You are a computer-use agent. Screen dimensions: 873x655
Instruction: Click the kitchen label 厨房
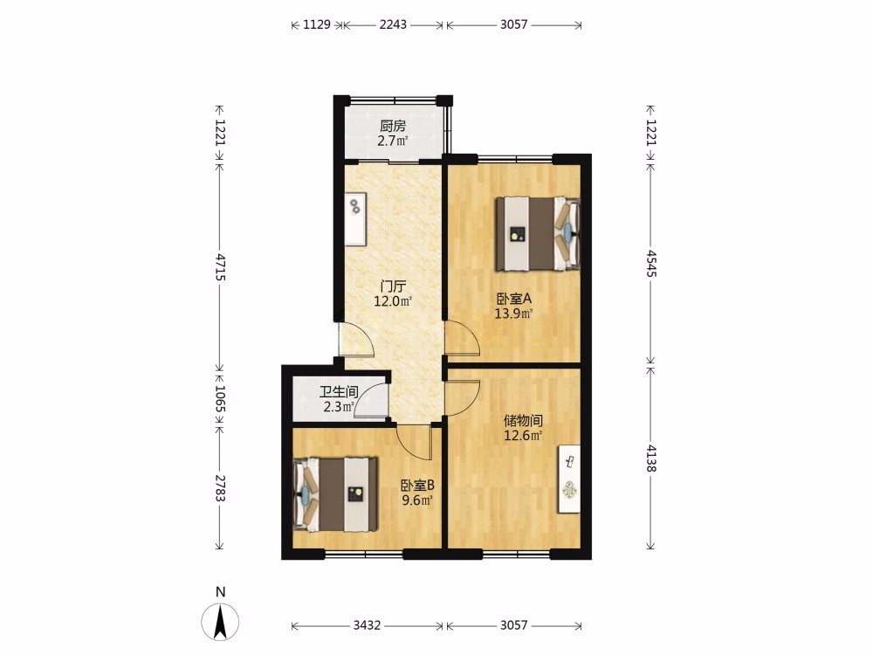(393, 127)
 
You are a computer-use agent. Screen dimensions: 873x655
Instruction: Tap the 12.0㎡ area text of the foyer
(393, 302)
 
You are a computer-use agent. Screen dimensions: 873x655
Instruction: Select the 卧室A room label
(514, 299)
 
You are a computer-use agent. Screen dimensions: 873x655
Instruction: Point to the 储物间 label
(523, 421)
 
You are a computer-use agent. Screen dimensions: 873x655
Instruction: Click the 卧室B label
(417, 486)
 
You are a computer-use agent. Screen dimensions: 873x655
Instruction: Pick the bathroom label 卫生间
(339, 392)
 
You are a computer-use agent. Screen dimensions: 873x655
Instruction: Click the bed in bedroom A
(538, 233)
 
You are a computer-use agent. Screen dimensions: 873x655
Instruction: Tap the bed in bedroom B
(336, 494)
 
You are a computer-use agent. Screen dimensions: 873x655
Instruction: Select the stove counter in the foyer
(355, 219)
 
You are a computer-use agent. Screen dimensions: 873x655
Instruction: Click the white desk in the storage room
(569, 479)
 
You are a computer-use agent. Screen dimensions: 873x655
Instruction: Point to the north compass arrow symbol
(221, 622)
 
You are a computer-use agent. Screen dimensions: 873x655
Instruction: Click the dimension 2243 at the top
(393, 24)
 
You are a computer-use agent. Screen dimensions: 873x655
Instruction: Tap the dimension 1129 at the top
(317, 24)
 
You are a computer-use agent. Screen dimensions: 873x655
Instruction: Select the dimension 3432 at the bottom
(367, 625)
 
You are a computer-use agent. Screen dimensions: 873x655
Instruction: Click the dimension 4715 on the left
(221, 266)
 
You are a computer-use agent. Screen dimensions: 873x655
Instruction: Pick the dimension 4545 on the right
(650, 264)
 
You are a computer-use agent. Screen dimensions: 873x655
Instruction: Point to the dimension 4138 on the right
(650, 458)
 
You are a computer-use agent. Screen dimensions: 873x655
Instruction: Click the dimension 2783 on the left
(221, 488)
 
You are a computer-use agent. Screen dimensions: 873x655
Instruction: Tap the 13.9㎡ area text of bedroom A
(514, 314)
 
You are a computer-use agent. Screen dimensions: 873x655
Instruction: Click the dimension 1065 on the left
(221, 399)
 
